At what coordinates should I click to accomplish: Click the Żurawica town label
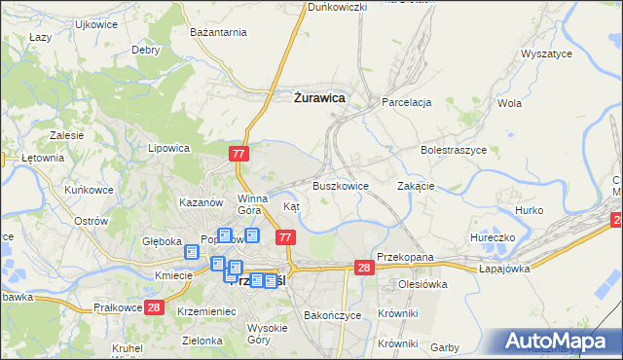tap(318, 97)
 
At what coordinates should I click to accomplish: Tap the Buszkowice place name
tap(340, 185)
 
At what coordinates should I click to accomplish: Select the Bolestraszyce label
tap(453, 151)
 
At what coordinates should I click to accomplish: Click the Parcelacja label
tap(406, 101)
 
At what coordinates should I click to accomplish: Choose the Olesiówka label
tap(421, 285)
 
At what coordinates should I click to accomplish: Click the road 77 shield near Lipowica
tap(240, 154)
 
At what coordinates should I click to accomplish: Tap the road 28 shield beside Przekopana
tap(364, 268)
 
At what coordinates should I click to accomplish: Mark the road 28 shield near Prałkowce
tap(153, 307)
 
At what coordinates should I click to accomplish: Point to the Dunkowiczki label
tap(337, 7)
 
